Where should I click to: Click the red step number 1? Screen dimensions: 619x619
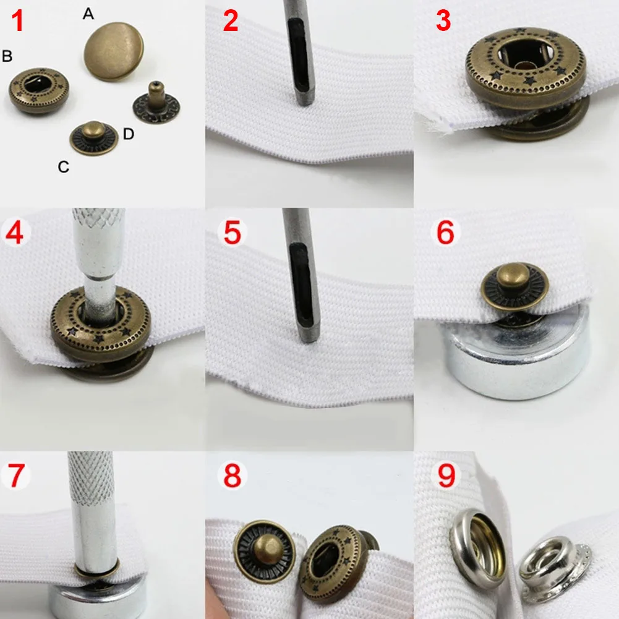pos(17,20)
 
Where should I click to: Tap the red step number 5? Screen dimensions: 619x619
pos(232,232)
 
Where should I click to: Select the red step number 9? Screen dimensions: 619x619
pos(446,476)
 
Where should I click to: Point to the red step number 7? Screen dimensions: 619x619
pos(16,476)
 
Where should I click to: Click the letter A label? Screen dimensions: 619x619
pos(88,14)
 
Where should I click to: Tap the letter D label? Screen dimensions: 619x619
pos(128,134)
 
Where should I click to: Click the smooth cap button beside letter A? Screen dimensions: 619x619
pos(114,51)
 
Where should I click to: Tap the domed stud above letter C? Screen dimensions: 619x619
pos(93,138)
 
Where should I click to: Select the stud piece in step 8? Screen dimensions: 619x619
pos(265,551)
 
